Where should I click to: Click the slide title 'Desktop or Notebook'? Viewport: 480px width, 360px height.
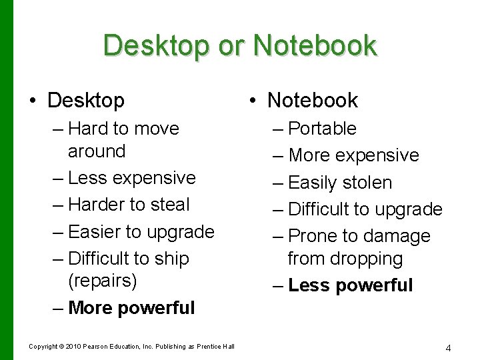click(x=240, y=46)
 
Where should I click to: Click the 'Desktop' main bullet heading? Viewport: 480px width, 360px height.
click(x=86, y=101)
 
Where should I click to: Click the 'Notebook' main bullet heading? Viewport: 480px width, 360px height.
click(x=312, y=101)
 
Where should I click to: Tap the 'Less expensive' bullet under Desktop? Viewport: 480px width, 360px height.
click(x=131, y=178)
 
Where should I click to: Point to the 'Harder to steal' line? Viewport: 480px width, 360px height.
click(x=129, y=205)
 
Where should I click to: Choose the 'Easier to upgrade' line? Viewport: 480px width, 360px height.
click(x=141, y=232)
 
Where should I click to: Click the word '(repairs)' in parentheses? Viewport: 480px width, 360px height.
click(x=103, y=281)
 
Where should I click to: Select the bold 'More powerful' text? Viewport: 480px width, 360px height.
click(x=131, y=308)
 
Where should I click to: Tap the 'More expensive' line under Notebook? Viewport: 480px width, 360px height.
click(x=353, y=155)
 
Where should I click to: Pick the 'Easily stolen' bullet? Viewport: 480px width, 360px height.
click(x=340, y=183)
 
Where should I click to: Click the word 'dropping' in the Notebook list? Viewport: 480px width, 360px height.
click(x=371, y=259)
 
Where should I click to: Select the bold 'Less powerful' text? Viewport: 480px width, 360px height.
click(x=351, y=285)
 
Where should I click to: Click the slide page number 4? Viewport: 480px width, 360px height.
click(x=449, y=347)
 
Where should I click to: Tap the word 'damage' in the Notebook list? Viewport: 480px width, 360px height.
click(x=399, y=237)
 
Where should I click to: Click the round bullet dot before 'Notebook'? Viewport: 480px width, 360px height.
click(x=252, y=101)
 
